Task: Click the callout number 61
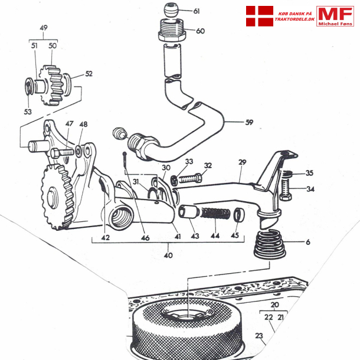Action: click(197, 11)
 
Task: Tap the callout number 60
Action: click(200, 31)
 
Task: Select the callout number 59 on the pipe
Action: click(249, 123)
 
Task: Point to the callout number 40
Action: click(168, 256)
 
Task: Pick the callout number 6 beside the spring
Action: click(307, 242)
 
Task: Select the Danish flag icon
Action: click(258, 16)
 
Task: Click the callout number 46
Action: click(145, 238)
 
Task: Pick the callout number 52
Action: click(89, 74)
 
